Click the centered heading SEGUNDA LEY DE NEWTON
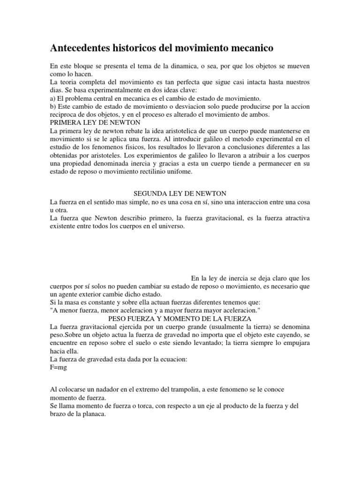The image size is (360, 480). click(180, 194)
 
